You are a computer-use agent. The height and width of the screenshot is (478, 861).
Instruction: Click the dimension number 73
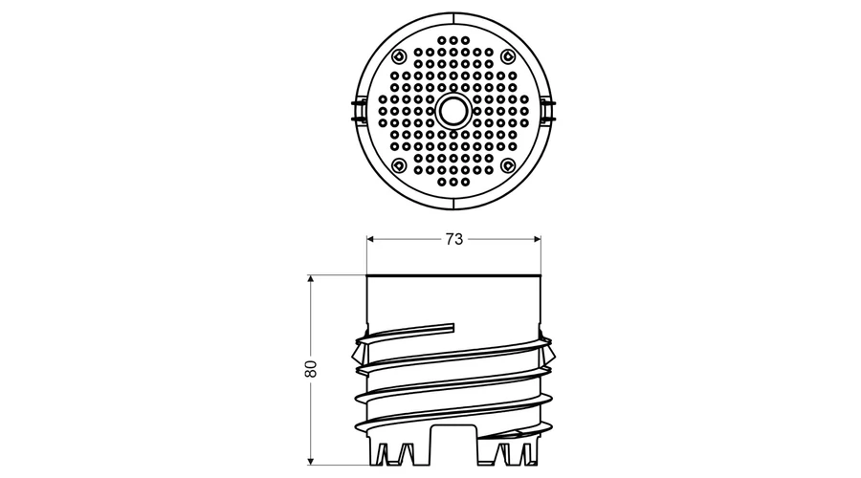click(454, 239)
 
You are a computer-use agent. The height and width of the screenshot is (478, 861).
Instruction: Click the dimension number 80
click(311, 368)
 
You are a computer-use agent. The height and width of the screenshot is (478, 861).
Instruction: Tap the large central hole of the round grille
click(453, 112)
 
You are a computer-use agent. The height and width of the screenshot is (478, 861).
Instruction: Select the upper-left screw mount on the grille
click(399, 56)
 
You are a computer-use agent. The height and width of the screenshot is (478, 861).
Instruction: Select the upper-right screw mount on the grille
click(508, 56)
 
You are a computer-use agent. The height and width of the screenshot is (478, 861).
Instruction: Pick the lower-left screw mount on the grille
click(399, 164)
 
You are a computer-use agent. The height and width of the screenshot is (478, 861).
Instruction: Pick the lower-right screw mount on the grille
click(508, 164)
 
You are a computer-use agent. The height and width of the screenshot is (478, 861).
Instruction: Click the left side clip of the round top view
click(358, 111)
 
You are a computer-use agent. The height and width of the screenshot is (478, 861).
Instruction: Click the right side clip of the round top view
click(547, 111)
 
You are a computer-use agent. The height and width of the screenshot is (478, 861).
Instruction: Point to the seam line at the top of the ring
click(453, 17)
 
